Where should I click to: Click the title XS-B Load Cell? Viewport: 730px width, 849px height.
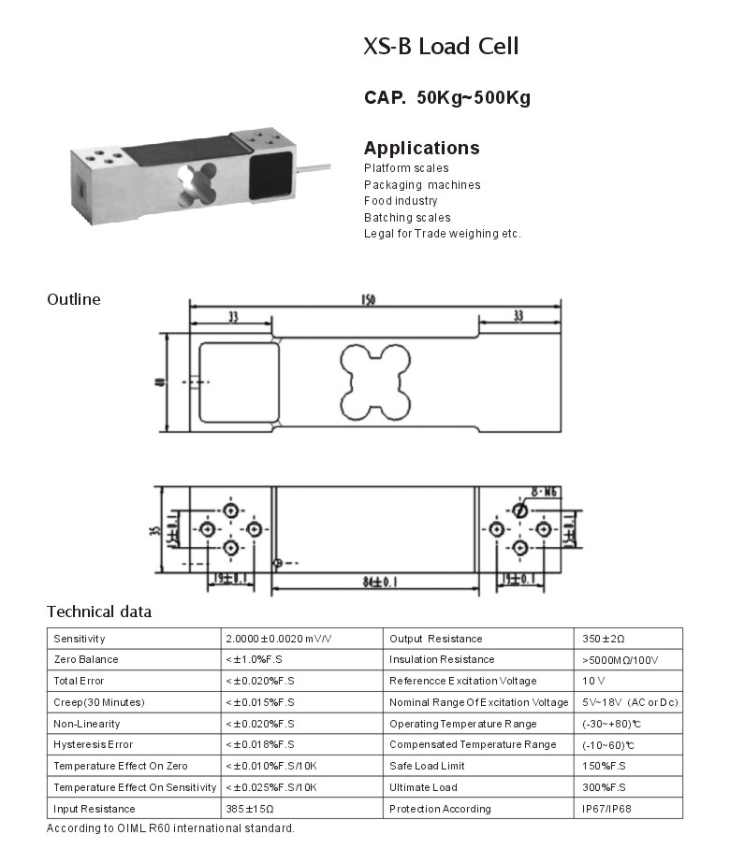440,46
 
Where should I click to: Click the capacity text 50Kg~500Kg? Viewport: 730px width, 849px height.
473,97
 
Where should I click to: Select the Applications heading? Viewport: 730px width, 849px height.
421,148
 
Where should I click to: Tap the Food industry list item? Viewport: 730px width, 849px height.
401,201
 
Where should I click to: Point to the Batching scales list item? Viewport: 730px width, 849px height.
407,217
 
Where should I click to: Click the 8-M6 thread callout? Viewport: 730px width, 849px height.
546,491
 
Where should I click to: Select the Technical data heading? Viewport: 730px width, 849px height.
99,612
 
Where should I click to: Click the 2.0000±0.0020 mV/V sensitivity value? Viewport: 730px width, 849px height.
278,639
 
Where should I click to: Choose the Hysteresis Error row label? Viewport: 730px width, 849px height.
94,745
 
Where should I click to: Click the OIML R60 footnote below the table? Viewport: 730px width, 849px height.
170,828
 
